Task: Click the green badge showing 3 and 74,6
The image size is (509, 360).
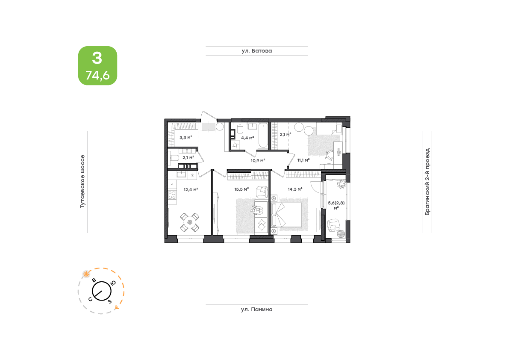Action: coord(97,65)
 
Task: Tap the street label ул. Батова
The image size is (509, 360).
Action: coord(256,50)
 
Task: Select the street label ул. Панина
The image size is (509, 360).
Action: coord(256,310)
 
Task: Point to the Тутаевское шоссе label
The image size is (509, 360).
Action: coord(82,181)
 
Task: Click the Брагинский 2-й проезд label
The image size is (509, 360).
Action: coord(427,181)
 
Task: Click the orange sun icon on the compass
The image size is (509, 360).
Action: coord(86,274)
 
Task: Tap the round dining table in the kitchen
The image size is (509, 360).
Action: coord(190,222)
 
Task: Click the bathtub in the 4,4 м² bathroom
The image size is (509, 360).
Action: coord(263,136)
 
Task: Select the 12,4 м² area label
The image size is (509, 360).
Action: coord(191,189)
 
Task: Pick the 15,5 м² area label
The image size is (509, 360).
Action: coord(241,189)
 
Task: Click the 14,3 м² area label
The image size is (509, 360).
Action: coord(295,189)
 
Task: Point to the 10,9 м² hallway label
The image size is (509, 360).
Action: coord(258,160)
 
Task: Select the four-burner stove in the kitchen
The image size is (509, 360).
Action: coord(172,195)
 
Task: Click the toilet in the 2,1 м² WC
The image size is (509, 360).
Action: coord(174,158)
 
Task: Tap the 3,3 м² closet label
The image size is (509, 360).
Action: coord(185,137)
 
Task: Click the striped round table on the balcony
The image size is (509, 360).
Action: coord(341,234)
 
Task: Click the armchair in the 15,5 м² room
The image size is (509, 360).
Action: coord(262,192)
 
